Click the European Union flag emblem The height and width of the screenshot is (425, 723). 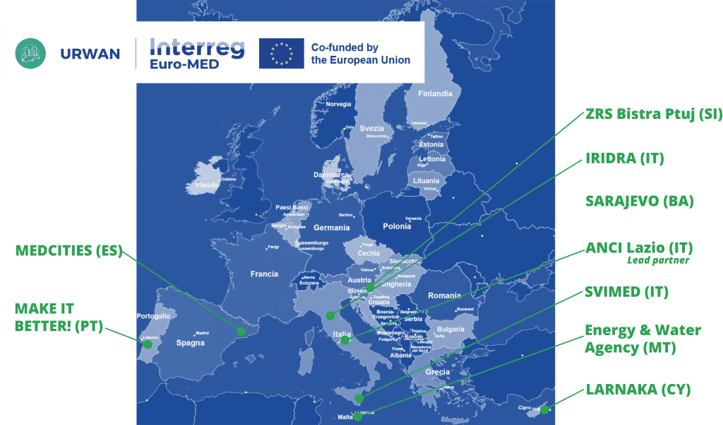pyautogui.click(x=281, y=53)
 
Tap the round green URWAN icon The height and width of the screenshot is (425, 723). pyautogui.click(x=30, y=53)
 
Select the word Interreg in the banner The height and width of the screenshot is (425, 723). pyautogui.click(x=197, y=47)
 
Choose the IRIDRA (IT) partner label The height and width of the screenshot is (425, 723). pyautogui.click(x=625, y=158)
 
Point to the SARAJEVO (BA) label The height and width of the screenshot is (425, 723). pyautogui.click(x=640, y=201)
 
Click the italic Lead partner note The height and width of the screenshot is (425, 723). pyautogui.click(x=657, y=260)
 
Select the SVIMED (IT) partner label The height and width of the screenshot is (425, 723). pyautogui.click(x=626, y=291)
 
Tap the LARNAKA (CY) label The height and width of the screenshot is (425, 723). pyautogui.click(x=638, y=390)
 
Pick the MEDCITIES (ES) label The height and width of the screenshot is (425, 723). pyautogui.click(x=68, y=250)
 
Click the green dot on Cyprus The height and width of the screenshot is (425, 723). pyautogui.click(x=544, y=409)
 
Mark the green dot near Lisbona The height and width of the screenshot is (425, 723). pyautogui.click(x=148, y=345)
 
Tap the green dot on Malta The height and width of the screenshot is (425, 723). pyautogui.click(x=358, y=417)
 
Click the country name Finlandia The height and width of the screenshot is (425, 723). pyautogui.click(x=435, y=93)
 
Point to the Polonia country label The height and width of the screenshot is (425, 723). pyautogui.click(x=396, y=226)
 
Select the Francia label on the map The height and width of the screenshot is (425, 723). pyautogui.click(x=264, y=274)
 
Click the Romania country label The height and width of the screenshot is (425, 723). pyautogui.click(x=443, y=295)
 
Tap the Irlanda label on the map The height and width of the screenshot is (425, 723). pyautogui.click(x=207, y=185)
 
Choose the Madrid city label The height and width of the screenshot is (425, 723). pyautogui.click(x=202, y=332)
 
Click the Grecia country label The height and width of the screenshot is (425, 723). pyautogui.click(x=438, y=372)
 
